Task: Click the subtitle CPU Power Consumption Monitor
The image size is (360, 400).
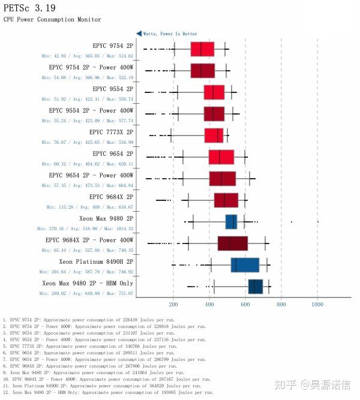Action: pos(52,20)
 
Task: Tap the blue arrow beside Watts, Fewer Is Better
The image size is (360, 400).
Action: pos(139,34)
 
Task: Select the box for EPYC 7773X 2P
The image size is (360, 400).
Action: pos(214,135)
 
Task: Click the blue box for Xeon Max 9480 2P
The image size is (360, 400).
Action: pos(231,221)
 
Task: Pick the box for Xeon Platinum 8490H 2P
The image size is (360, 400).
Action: pos(245,264)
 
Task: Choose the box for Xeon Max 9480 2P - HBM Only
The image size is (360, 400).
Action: pos(256,286)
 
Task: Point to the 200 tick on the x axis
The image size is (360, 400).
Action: pos(173,304)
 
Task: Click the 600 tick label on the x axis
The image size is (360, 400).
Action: pos(245,304)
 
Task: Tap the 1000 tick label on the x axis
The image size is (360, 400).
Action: pos(317,304)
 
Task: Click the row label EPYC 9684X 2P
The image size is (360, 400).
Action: pos(111,197)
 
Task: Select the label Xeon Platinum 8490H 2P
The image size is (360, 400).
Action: pos(96,261)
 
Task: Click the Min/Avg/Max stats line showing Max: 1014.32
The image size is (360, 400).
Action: pos(85,228)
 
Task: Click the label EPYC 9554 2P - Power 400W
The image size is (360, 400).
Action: pos(91,110)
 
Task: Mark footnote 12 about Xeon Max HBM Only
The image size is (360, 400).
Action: pos(108,392)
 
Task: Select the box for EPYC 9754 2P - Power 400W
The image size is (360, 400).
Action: pos(202,70)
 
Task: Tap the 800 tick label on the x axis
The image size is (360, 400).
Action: pos(281,304)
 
